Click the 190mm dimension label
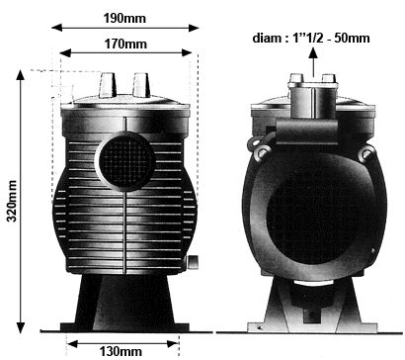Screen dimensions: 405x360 (124, 18)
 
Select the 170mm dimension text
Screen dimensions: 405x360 (125, 44)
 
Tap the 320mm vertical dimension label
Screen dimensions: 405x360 (12, 201)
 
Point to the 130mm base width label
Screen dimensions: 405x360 (121, 351)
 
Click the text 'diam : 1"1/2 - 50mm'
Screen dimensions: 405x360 (311, 38)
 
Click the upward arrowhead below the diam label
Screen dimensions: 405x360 (313, 52)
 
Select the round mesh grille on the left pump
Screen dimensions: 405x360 (125, 161)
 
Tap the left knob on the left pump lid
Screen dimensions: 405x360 (108, 85)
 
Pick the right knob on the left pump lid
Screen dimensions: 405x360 (141, 85)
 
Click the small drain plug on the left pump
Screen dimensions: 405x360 (193, 261)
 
